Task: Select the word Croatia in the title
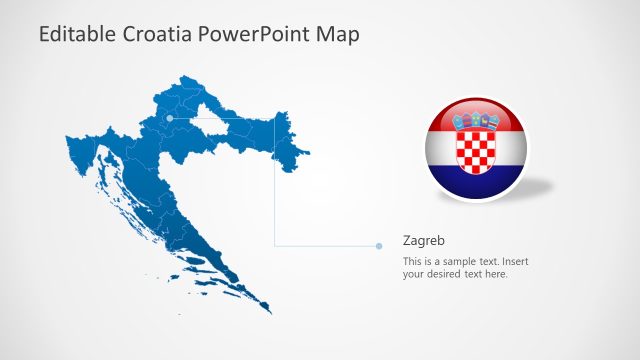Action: [158, 34]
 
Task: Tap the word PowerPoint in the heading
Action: [255, 34]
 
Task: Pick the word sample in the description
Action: [462, 262]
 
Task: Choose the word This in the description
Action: [413, 262]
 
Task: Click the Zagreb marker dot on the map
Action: [170, 118]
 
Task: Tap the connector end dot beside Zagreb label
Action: [380, 245]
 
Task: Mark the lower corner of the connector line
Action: [275, 245]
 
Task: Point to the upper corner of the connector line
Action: [275, 118]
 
